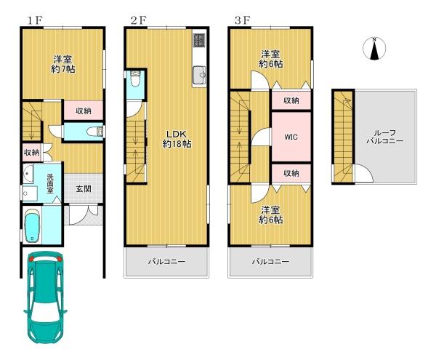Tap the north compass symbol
point(374,49)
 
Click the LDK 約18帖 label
point(176,138)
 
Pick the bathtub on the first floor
point(33,228)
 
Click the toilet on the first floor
point(92,132)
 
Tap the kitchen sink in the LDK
point(199,73)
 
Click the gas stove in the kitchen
point(199,40)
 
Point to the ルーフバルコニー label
point(385,137)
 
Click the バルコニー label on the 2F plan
point(167,261)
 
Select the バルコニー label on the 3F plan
point(271,261)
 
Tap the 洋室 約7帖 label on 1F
point(63,63)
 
